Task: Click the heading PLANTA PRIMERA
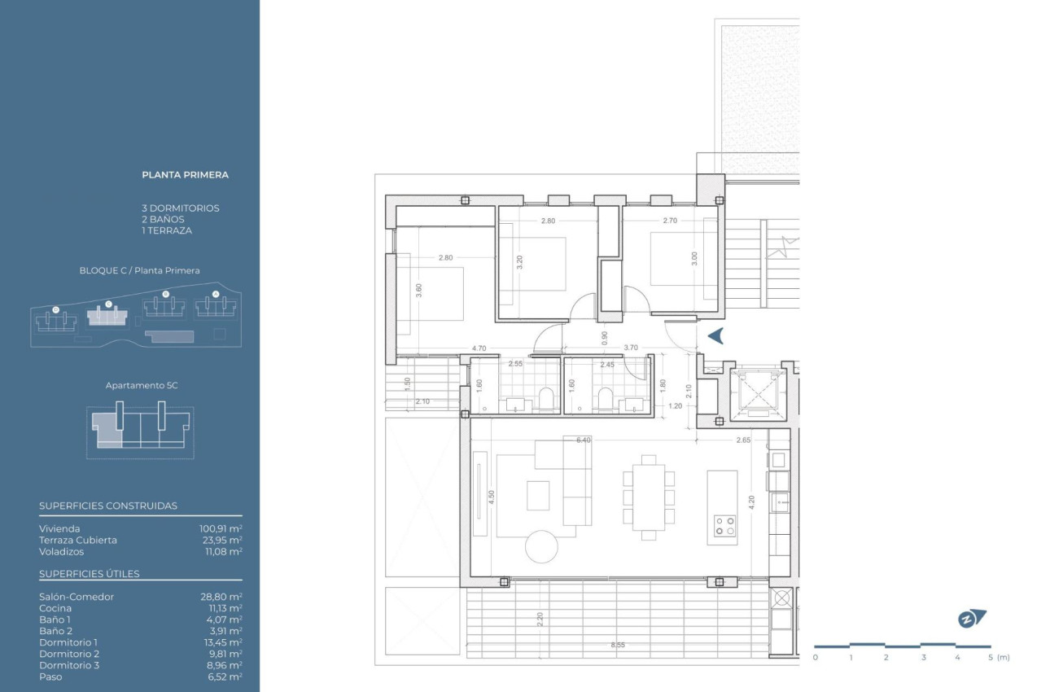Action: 185,174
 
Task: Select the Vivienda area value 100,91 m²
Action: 221,528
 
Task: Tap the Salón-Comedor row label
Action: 77,597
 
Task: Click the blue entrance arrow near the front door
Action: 715,335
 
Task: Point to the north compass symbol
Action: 971,619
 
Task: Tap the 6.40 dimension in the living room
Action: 582,440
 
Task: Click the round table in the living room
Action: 541,546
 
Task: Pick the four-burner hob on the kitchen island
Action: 723,527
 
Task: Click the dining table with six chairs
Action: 648,497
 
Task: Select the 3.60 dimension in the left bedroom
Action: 418,291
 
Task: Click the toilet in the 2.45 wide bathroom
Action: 605,397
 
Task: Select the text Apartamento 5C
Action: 141,385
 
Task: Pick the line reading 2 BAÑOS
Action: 163,219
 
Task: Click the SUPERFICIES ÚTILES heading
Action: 90,574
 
